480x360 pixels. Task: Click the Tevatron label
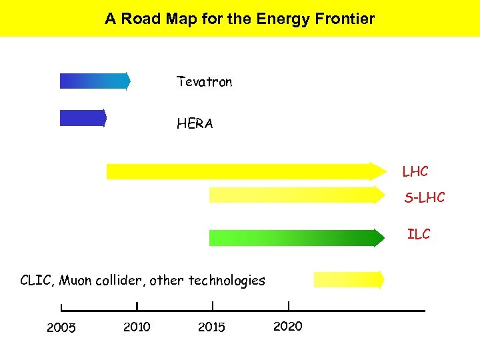tap(204, 82)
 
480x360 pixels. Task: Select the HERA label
tap(195, 123)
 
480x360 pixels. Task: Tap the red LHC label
tap(415, 172)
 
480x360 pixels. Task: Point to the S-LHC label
tap(424, 197)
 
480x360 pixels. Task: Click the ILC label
tap(419, 234)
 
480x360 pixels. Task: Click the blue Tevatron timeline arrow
tap(95, 81)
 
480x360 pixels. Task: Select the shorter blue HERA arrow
tap(83, 118)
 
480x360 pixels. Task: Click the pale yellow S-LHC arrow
tap(297, 195)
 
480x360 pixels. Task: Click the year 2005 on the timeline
tap(61, 327)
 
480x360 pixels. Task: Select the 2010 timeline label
tap(137, 327)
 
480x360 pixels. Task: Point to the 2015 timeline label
tap(212, 327)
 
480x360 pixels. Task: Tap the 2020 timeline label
tap(288, 326)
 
